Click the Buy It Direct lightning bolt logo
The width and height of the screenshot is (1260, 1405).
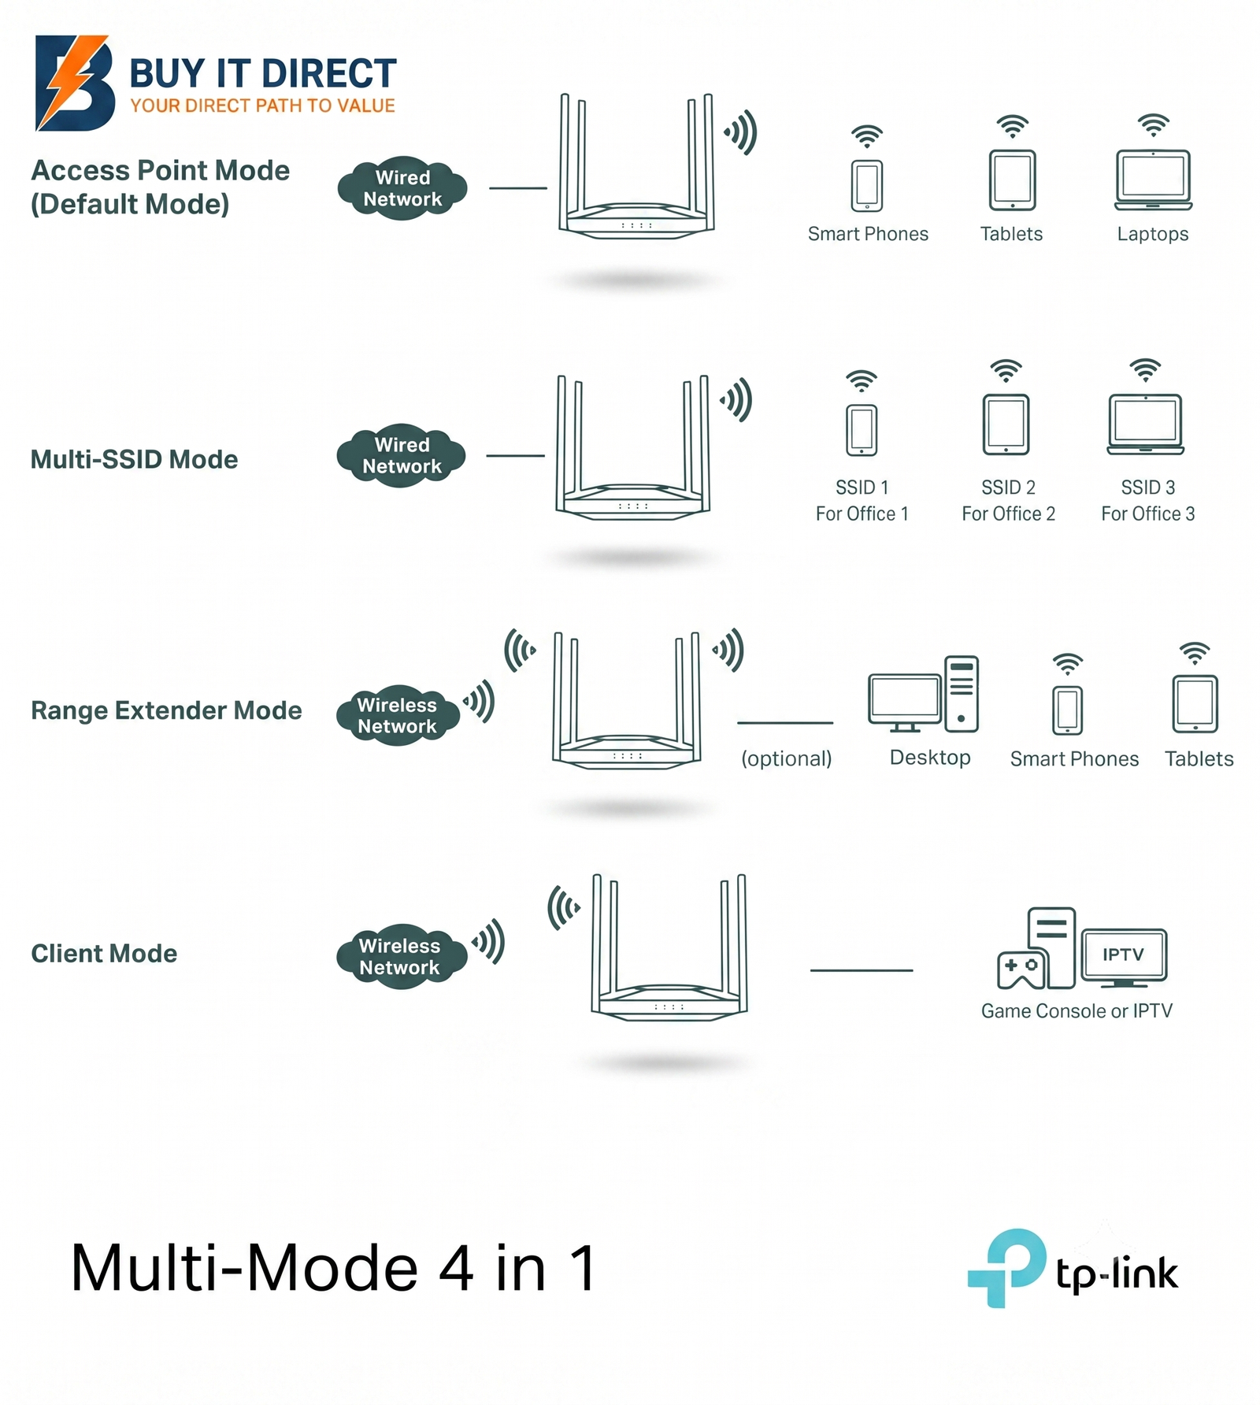coord(75,83)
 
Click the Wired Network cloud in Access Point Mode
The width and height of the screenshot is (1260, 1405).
coord(402,188)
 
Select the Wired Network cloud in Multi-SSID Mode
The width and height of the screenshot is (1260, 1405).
coord(402,455)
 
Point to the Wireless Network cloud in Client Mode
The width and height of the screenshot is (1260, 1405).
coord(400,956)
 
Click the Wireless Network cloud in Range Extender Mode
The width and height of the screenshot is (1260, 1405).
coord(398,715)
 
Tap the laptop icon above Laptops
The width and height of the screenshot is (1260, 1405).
coord(1153,180)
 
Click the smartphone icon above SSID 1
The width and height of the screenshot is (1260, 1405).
coord(862,430)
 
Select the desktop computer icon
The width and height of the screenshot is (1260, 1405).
coord(924,694)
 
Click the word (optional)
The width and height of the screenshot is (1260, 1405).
coord(786,758)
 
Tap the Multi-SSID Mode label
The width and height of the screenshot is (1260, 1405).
coord(134,459)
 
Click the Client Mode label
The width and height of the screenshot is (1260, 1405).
coord(104,953)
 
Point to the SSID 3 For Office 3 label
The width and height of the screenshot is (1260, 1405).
coord(1147,500)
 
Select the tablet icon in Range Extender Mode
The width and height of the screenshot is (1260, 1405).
coord(1195,704)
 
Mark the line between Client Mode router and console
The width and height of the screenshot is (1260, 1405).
coord(862,970)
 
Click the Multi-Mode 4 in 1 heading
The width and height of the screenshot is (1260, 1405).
coord(334,1269)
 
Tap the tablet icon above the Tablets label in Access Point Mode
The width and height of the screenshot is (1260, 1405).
coord(1012,180)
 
